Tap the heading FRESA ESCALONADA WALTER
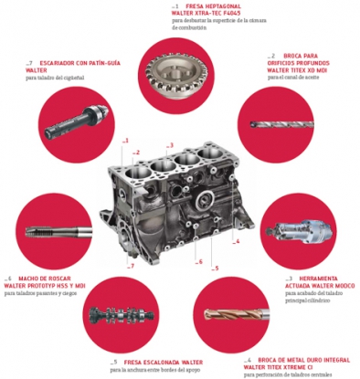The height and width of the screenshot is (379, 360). (155, 362)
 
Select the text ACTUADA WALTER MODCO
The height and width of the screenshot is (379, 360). (320, 285)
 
